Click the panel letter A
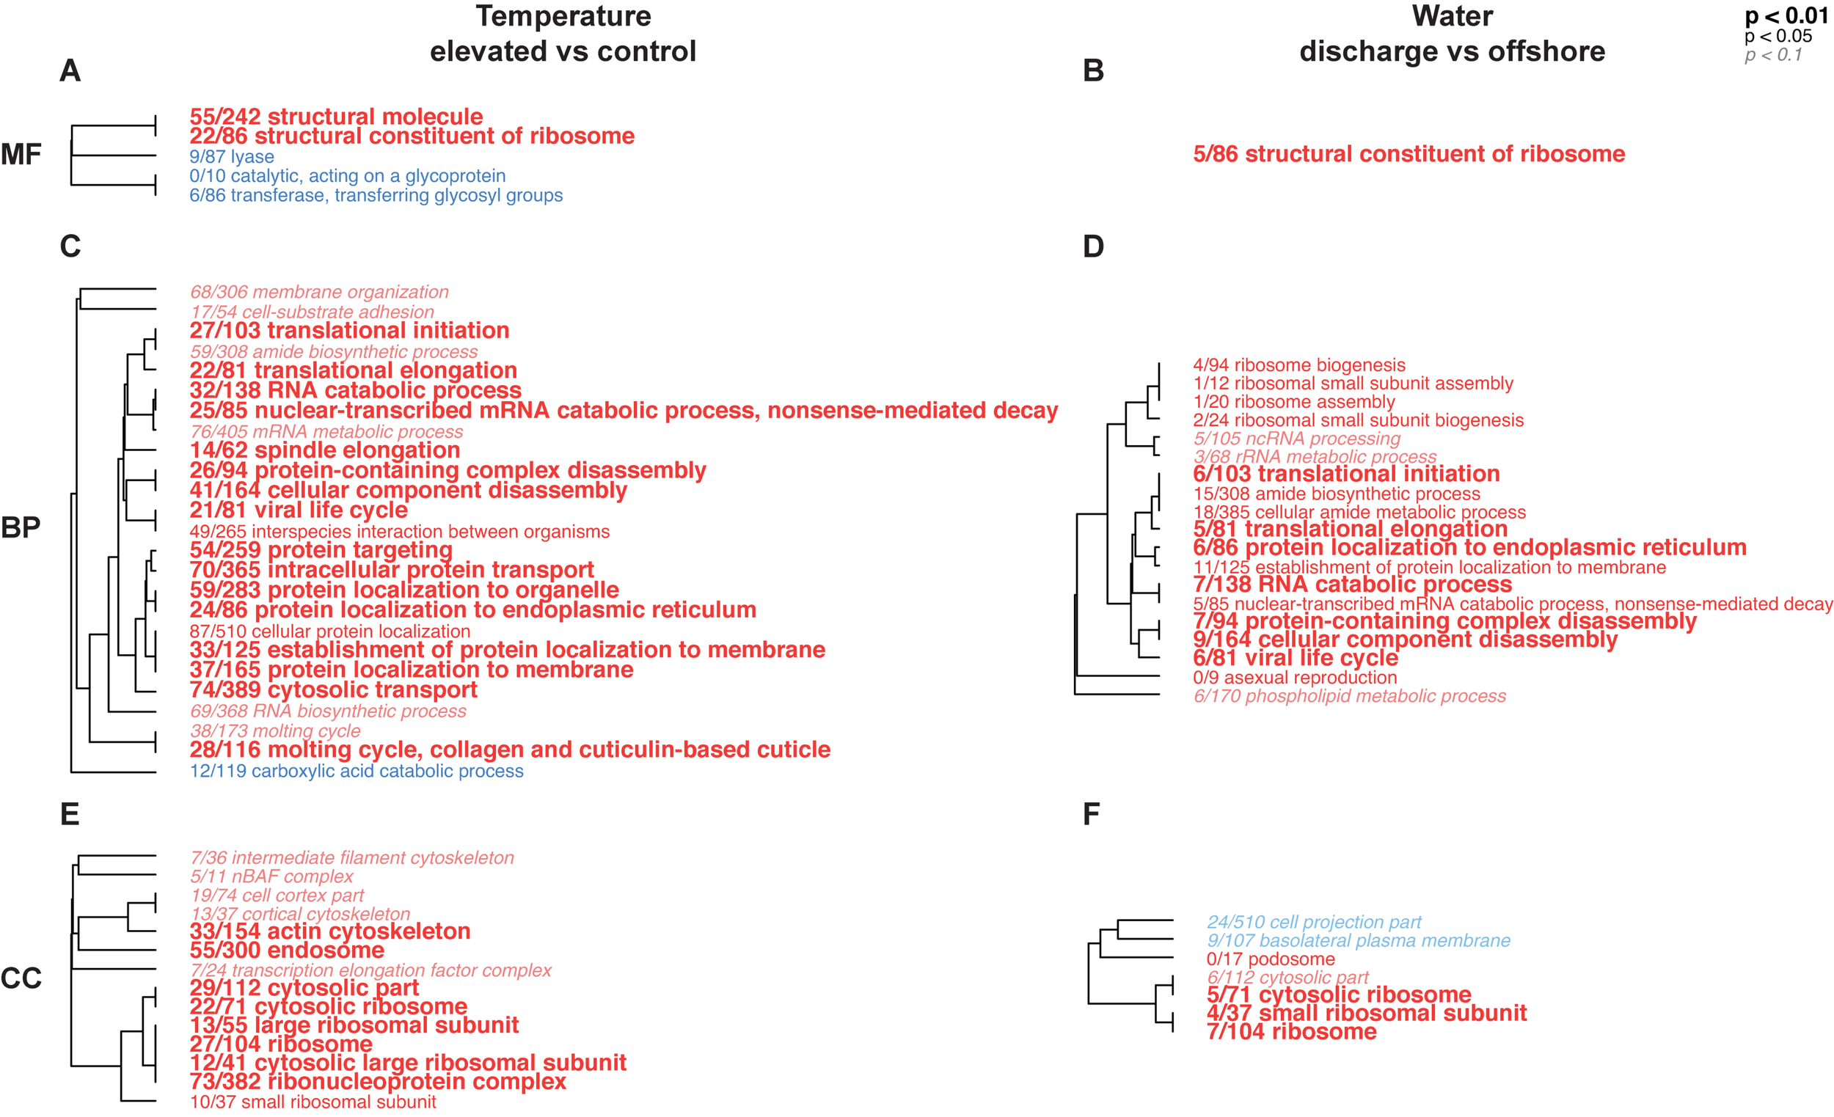click(x=70, y=70)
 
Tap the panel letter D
click(x=1092, y=246)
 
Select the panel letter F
click(x=1091, y=814)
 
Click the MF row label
click(x=21, y=155)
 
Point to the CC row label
click(x=21, y=978)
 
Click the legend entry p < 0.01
click(x=1786, y=15)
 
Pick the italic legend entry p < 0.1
click(x=1773, y=55)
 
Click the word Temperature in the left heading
click(x=563, y=16)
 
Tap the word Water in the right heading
click(x=1453, y=16)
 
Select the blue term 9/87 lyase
click(x=232, y=157)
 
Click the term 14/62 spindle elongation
click(x=324, y=450)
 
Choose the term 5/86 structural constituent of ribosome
click(x=1409, y=154)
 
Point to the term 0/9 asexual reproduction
click(x=1294, y=678)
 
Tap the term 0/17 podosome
click(x=1271, y=959)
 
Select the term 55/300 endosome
click(x=287, y=951)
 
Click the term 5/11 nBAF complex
click(x=271, y=876)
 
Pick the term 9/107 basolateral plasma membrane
click(x=1359, y=941)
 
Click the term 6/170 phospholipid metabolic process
click(x=1349, y=697)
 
